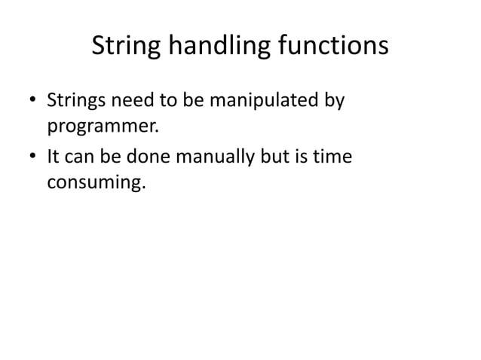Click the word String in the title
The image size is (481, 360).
pos(122,47)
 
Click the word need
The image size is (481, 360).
pos(133,100)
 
